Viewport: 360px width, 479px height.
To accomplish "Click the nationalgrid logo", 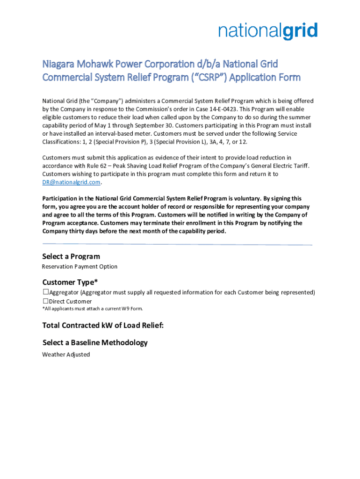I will (x=268, y=32).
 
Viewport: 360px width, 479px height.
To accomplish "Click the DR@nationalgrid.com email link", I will (x=71, y=182).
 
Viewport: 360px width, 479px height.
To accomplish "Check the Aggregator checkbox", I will (x=45, y=292).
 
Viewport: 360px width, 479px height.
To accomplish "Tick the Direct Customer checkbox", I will (x=45, y=301).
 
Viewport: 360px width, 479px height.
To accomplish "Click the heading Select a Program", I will (x=71, y=256).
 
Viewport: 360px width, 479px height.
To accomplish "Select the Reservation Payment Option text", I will (x=79, y=267).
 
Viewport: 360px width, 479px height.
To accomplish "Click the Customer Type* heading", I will (x=70, y=282).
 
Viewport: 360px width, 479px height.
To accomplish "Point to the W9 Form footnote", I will (x=93, y=309).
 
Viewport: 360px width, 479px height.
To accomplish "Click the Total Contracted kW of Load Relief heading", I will (x=103, y=326).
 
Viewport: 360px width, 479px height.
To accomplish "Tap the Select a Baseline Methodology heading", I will (x=95, y=342).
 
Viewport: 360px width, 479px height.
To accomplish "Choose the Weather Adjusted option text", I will (x=66, y=355).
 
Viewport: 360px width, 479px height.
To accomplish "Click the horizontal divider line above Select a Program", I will (x=177, y=244).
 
